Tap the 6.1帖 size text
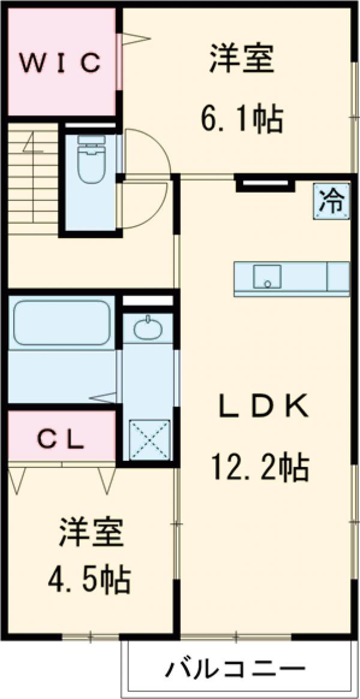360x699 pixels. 241,120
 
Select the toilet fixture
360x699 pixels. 91,159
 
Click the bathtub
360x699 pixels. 62,323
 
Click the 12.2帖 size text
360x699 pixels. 259,467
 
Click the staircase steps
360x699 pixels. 33,180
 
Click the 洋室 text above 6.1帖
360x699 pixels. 241,59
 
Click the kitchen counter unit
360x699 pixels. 292,278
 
